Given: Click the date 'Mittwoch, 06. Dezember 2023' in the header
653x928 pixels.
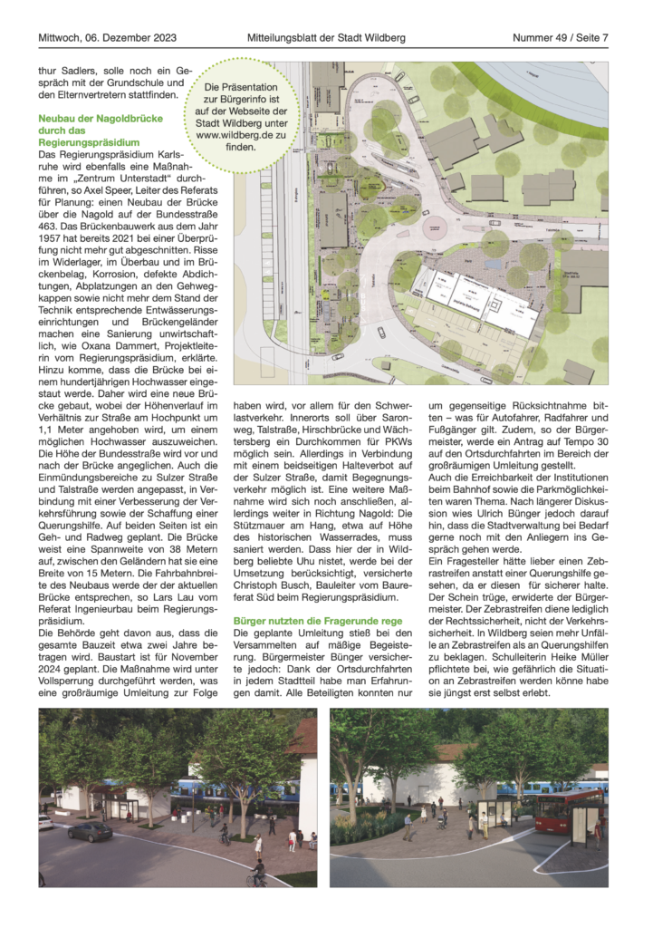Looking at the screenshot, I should (x=107, y=38).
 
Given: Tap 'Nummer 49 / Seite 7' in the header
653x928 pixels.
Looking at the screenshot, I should (x=560, y=38).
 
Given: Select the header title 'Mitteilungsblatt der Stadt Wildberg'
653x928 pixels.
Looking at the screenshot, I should (x=326, y=38).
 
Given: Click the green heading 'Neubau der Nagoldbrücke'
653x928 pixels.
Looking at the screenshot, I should (x=101, y=119).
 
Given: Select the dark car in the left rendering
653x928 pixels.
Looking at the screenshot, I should (x=90, y=830).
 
